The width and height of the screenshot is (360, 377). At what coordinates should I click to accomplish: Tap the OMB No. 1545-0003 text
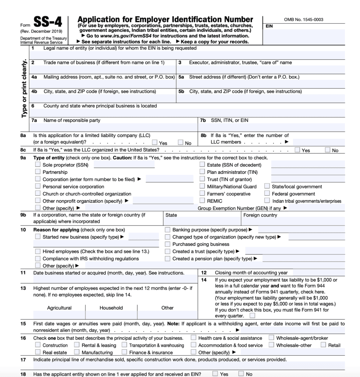coord(304,19)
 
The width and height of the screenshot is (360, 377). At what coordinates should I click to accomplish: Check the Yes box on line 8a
coord(155,142)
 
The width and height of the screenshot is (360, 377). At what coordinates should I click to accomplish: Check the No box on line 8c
coord(328,150)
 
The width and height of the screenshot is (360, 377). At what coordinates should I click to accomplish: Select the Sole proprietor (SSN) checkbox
coord(38,165)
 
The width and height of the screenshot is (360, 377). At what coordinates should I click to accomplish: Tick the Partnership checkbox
coord(38,172)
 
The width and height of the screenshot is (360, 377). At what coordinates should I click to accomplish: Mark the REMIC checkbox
coord(202,201)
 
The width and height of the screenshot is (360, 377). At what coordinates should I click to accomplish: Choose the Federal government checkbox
coord(267,194)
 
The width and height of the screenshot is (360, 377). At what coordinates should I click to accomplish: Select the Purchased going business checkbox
coord(168,244)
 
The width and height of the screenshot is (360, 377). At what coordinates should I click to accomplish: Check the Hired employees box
coord(38,251)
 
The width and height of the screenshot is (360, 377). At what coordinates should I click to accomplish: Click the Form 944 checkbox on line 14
coord(252,316)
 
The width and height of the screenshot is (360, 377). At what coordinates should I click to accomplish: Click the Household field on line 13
coord(111,315)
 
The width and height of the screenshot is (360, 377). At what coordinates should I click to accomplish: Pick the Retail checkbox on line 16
coord(323,345)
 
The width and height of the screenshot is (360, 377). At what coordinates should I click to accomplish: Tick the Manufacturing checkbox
coord(77,352)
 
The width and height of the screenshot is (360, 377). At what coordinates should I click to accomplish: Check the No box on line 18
coord(241,374)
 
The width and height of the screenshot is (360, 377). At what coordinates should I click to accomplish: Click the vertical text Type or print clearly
coord(24,88)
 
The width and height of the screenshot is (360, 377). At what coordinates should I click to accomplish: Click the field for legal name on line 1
coord(188,55)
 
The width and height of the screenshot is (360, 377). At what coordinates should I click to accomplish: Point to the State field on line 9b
coord(202,221)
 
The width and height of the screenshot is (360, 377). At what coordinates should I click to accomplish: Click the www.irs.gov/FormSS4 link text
coord(120,36)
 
